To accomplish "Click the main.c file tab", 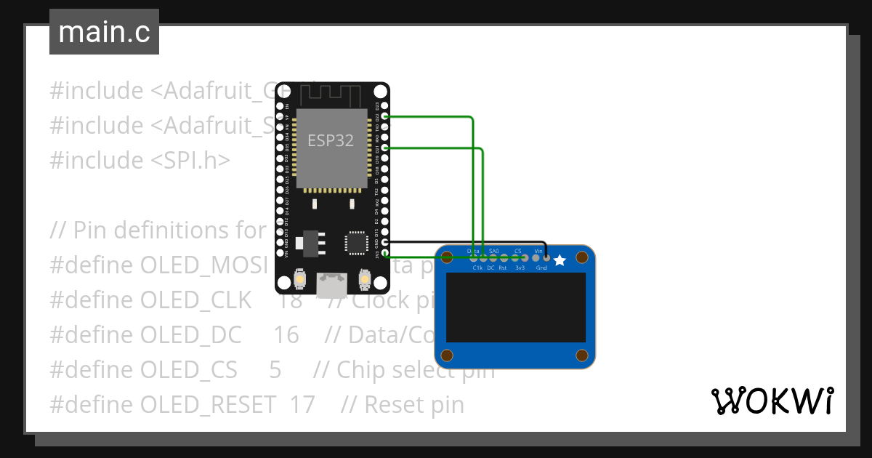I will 104,33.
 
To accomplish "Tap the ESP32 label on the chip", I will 331,140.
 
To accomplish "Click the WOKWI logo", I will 771,401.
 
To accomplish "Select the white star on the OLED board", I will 560,260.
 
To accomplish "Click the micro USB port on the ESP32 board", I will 332,284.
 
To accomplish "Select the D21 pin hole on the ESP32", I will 385,148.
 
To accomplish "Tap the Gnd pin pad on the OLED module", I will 546,257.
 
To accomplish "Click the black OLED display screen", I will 515,308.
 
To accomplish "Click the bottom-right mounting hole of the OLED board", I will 581,355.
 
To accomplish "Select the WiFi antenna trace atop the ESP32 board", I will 331,94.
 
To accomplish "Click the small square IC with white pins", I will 356,243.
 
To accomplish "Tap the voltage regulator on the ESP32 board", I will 310,242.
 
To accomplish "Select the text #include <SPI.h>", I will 140,160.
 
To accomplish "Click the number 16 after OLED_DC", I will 286,334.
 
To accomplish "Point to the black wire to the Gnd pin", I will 465,243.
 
